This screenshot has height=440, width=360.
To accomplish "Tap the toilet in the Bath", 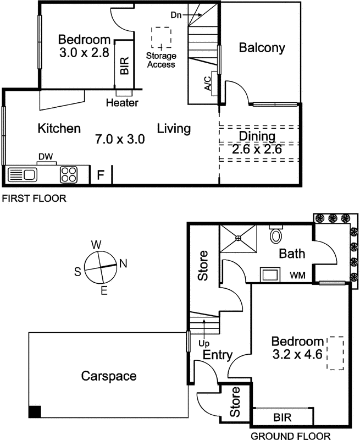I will (276, 235).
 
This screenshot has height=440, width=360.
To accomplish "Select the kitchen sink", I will (23, 175).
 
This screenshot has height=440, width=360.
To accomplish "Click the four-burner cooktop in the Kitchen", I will (69, 175).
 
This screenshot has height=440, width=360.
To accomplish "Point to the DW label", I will (46, 157).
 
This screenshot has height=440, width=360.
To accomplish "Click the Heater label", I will (122, 103).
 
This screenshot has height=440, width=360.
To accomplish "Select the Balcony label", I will (262, 48).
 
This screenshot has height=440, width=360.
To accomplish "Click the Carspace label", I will (109, 376).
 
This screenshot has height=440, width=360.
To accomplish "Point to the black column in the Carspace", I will (35, 411).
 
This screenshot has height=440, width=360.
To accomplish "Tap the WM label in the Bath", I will (298, 273).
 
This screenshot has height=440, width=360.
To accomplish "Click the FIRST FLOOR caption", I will (34, 199).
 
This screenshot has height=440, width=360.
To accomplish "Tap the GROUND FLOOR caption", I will (291, 436).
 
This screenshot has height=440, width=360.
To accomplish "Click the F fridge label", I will (101, 176).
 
